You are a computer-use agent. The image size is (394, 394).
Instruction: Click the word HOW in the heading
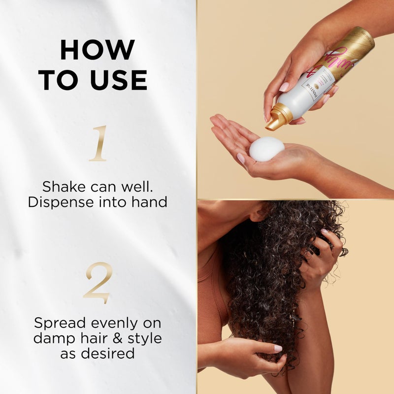click(x=98, y=50)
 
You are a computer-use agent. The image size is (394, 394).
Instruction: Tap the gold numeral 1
click(x=98, y=143)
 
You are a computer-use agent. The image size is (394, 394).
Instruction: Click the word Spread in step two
click(x=60, y=323)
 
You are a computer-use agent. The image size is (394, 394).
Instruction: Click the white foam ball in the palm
click(x=266, y=149)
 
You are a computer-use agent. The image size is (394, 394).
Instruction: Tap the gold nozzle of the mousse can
click(x=276, y=119)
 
